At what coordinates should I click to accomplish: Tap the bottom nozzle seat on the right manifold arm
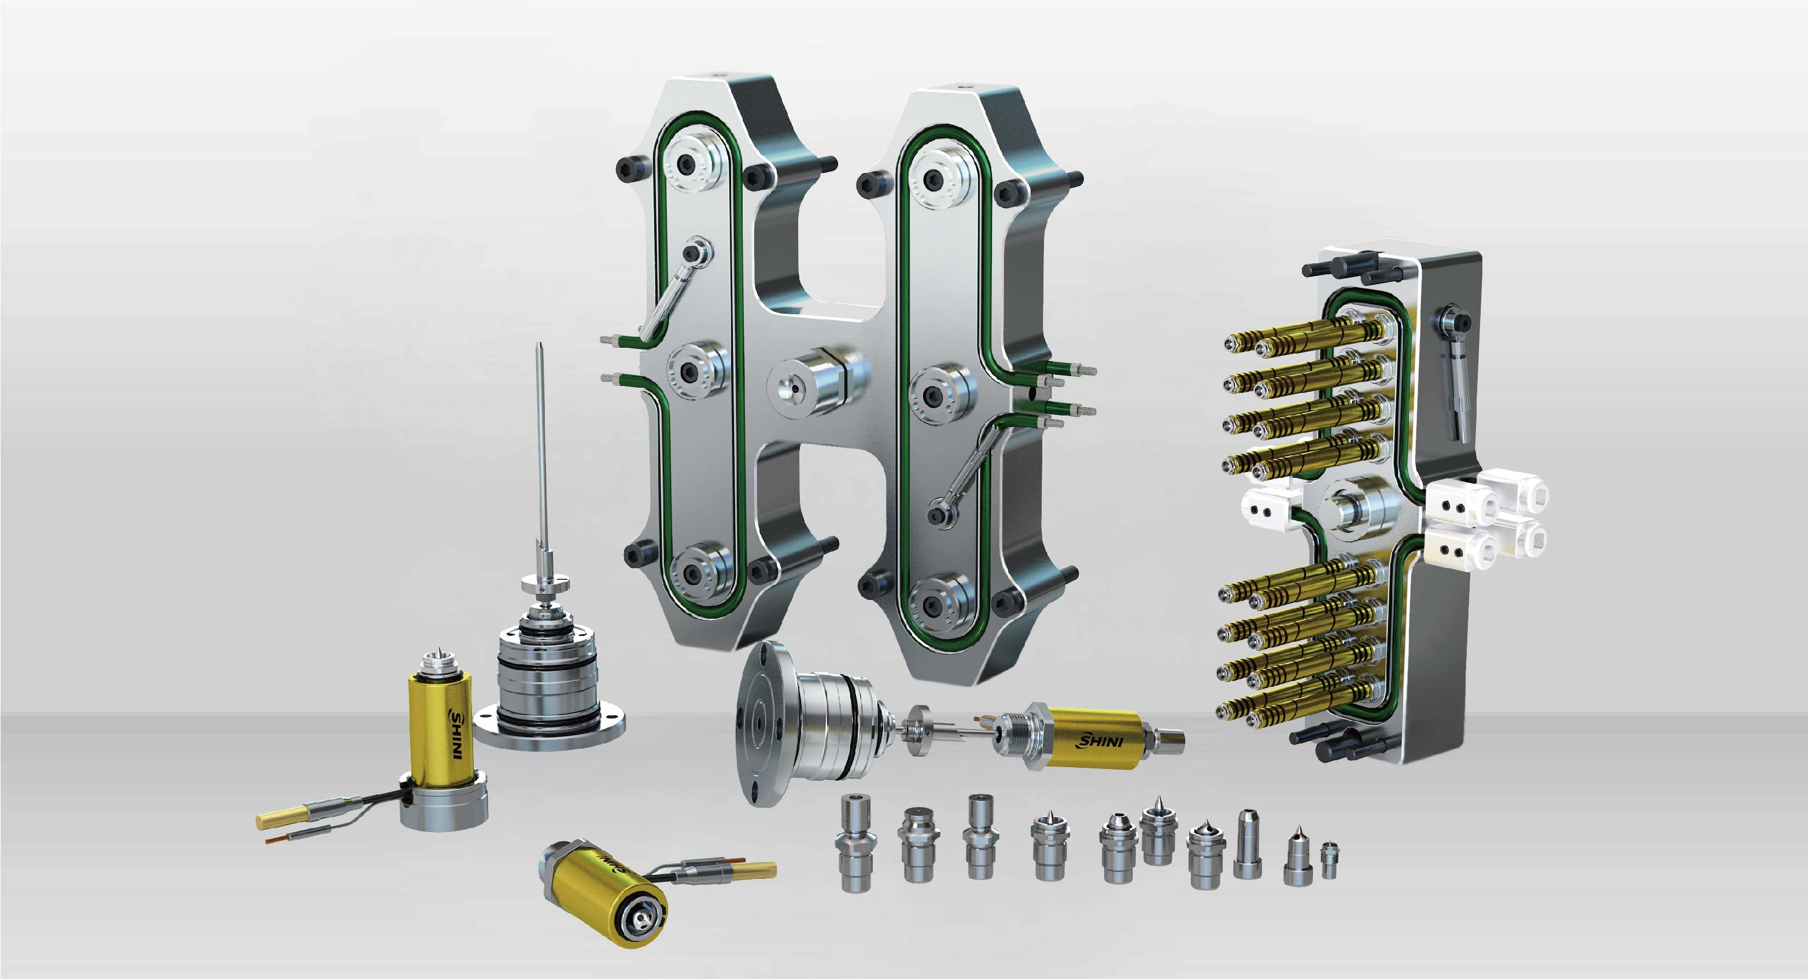[x=933, y=602]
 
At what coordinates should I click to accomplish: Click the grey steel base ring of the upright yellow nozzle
[x=444, y=808]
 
